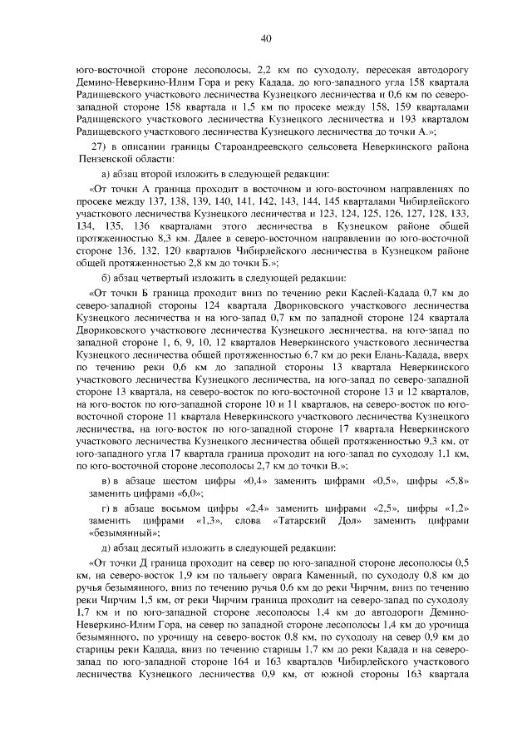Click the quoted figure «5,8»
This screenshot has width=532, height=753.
tap(451, 482)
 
